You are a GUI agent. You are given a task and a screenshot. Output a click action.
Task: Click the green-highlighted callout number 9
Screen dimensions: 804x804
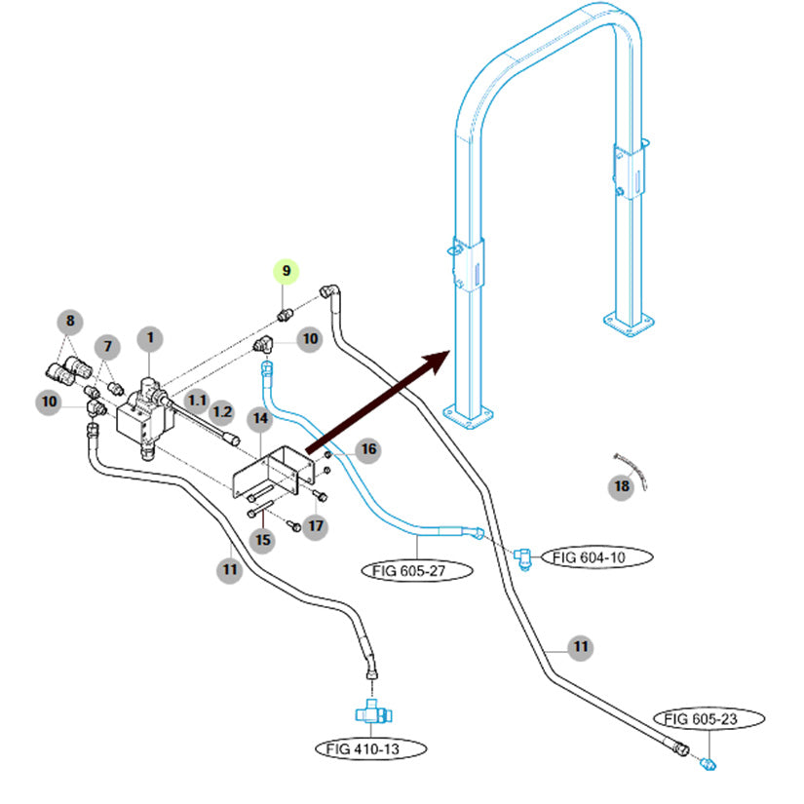[x=287, y=270]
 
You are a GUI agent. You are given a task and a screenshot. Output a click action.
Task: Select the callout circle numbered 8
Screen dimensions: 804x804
[x=69, y=321]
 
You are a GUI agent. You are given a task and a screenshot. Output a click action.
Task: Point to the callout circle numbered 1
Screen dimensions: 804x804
[x=150, y=338]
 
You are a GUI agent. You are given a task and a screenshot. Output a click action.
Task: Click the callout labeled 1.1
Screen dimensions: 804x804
[x=198, y=400]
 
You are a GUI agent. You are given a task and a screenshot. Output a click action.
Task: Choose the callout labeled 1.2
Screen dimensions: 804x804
[x=223, y=412]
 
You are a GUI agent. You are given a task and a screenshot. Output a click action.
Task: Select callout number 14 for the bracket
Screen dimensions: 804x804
[x=260, y=420]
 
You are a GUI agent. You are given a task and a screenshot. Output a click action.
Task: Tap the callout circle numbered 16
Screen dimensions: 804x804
[x=366, y=449]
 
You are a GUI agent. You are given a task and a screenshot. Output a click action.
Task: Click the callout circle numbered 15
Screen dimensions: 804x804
[x=261, y=539]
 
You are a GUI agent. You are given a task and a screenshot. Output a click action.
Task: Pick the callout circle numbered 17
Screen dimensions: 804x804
[x=316, y=527]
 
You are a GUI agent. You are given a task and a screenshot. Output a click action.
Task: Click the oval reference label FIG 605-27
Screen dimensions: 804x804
[x=417, y=570]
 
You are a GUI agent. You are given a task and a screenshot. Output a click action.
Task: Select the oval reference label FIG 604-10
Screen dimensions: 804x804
[x=596, y=557]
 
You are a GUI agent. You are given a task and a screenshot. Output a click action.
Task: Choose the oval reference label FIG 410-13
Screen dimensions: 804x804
[x=371, y=748]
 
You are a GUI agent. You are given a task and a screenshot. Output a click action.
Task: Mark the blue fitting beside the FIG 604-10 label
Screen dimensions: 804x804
[x=523, y=558]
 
